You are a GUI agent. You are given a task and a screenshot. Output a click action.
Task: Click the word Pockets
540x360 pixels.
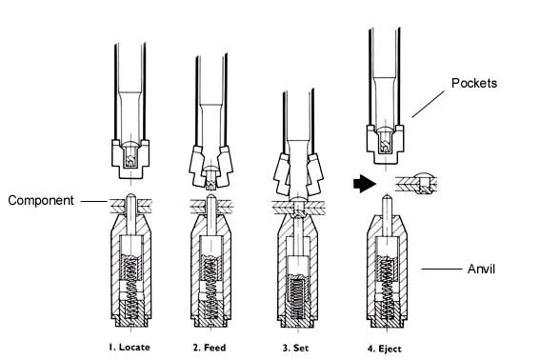[474, 83]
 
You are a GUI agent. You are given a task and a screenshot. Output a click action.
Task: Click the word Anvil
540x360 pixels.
[481, 269]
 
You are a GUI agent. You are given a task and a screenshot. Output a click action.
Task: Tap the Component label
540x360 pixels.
[41, 201]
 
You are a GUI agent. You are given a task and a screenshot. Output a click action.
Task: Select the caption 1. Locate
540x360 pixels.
[130, 348]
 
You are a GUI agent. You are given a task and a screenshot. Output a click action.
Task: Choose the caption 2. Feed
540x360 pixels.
[210, 348]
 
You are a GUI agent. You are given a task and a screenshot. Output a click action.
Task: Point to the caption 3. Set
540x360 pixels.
[295, 348]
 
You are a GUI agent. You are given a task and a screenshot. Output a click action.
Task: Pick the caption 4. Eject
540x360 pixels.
[385, 349]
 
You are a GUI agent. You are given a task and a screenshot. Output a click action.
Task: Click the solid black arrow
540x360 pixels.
[365, 183]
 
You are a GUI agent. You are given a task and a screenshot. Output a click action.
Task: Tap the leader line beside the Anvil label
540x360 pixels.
[442, 269]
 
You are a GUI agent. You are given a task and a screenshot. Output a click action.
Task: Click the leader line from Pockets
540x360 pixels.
[428, 104]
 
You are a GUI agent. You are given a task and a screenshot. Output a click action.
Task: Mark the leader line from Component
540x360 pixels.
[94, 201]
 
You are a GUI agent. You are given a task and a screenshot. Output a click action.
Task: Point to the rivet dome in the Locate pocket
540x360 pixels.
[130, 144]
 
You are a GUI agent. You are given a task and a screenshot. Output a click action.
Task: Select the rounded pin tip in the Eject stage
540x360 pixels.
[387, 197]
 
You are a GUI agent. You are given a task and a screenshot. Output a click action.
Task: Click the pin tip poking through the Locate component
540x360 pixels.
[130, 197]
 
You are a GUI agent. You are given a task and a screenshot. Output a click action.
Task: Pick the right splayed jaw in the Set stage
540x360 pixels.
[314, 174]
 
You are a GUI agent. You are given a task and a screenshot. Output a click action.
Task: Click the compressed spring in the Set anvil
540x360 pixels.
[296, 298]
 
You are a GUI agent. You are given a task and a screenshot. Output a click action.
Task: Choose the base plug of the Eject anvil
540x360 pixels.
[387, 320]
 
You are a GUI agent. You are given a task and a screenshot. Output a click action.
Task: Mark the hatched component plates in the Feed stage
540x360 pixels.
[210, 206]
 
